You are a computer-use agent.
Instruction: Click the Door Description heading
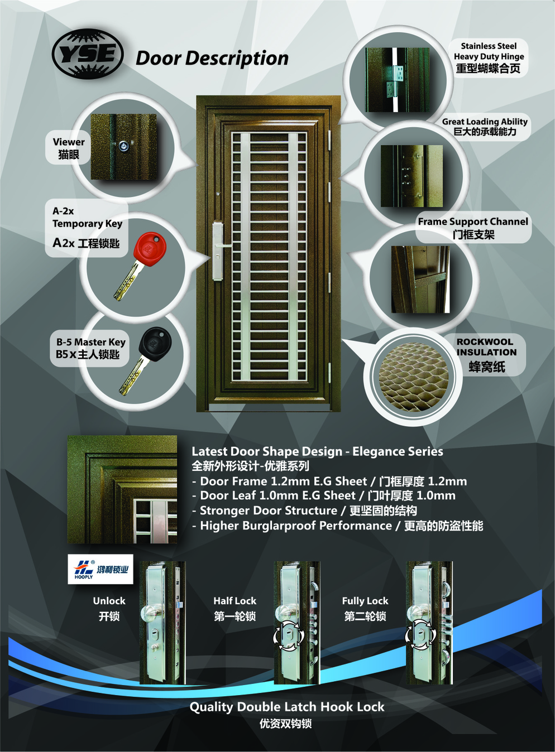pos(212,59)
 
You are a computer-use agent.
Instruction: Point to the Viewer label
pos(69,148)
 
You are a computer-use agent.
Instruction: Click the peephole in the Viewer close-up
pos(122,146)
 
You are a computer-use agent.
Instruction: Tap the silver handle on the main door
pos(219,250)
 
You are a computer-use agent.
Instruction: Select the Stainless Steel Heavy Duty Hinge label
pos(489,57)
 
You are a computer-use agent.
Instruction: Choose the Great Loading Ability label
pos(485,127)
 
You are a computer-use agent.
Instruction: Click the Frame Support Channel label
pos(473,228)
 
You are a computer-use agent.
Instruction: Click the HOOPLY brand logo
pos(100,569)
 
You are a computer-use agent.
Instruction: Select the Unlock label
pos(109,608)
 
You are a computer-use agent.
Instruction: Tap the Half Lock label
pos(235,608)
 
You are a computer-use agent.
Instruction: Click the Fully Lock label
pos(365,608)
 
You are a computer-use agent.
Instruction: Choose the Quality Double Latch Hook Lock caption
pos(287,707)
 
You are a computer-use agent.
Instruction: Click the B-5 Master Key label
pos(90,348)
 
